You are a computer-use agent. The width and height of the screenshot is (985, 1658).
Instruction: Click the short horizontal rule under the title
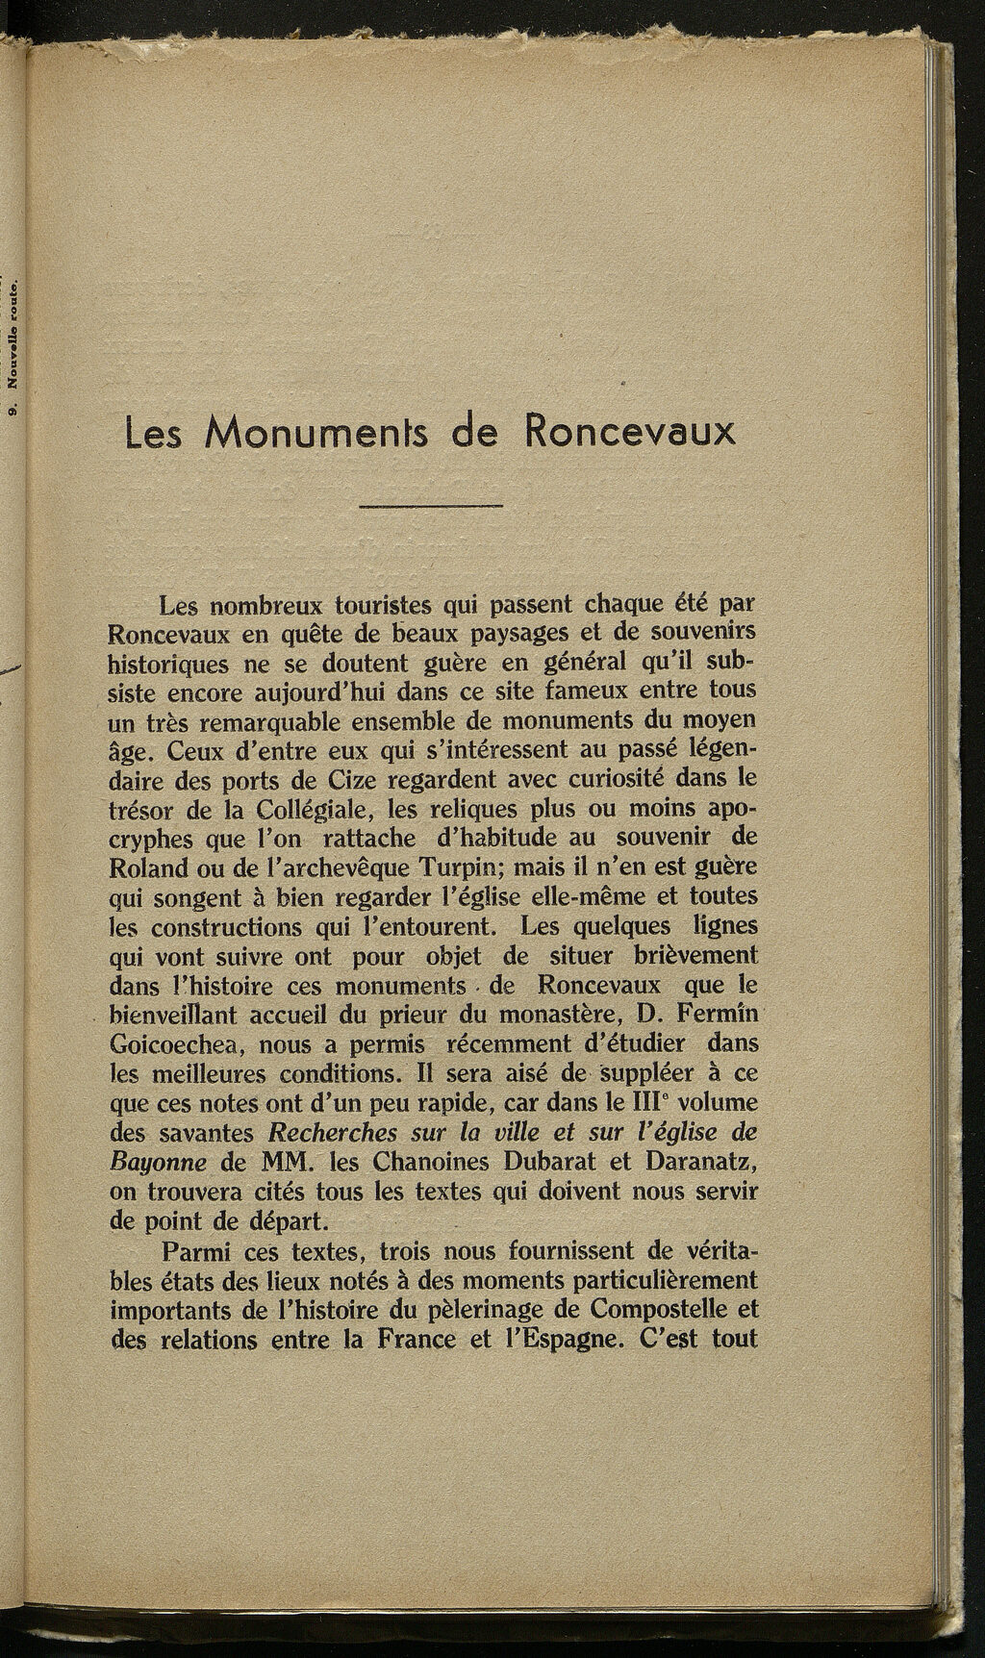[430, 506]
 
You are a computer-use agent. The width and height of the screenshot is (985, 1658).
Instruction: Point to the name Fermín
[709, 1015]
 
